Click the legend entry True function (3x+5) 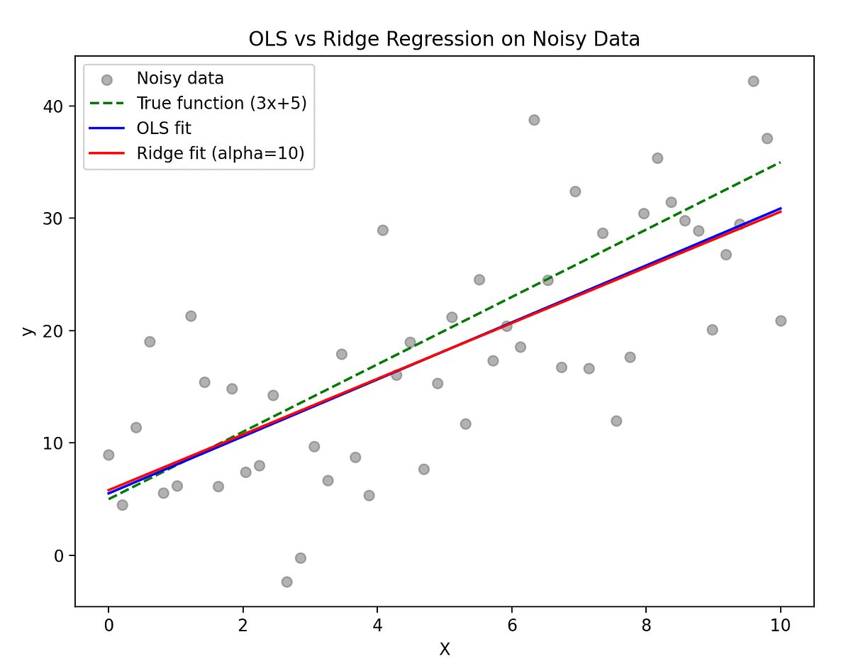pyautogui.click(x=221, y=103)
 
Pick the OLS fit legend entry pyautogui.click(x=164, y=128)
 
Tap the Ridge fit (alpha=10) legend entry pyautogui.click(x=221, y=154)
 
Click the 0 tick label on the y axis pyautogui.click(x=60, y=555)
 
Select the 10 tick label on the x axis pyautogui.click(x=780, y=626)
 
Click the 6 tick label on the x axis pyautogui.click(x=511, y=626)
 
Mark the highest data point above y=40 pyautogui.click(x=753, y=82)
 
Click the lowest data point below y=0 pyautogui.click(x=287, y=582)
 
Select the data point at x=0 pyautogui.click(x=109, y=455)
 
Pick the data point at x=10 pyautogui.click(x=781, y=321)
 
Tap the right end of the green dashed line pyautogui.click(x=780, y=162)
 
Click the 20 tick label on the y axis pyautogui.click(x=55, y=331)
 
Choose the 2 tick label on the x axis pyautogui.click(x=243, y=626)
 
